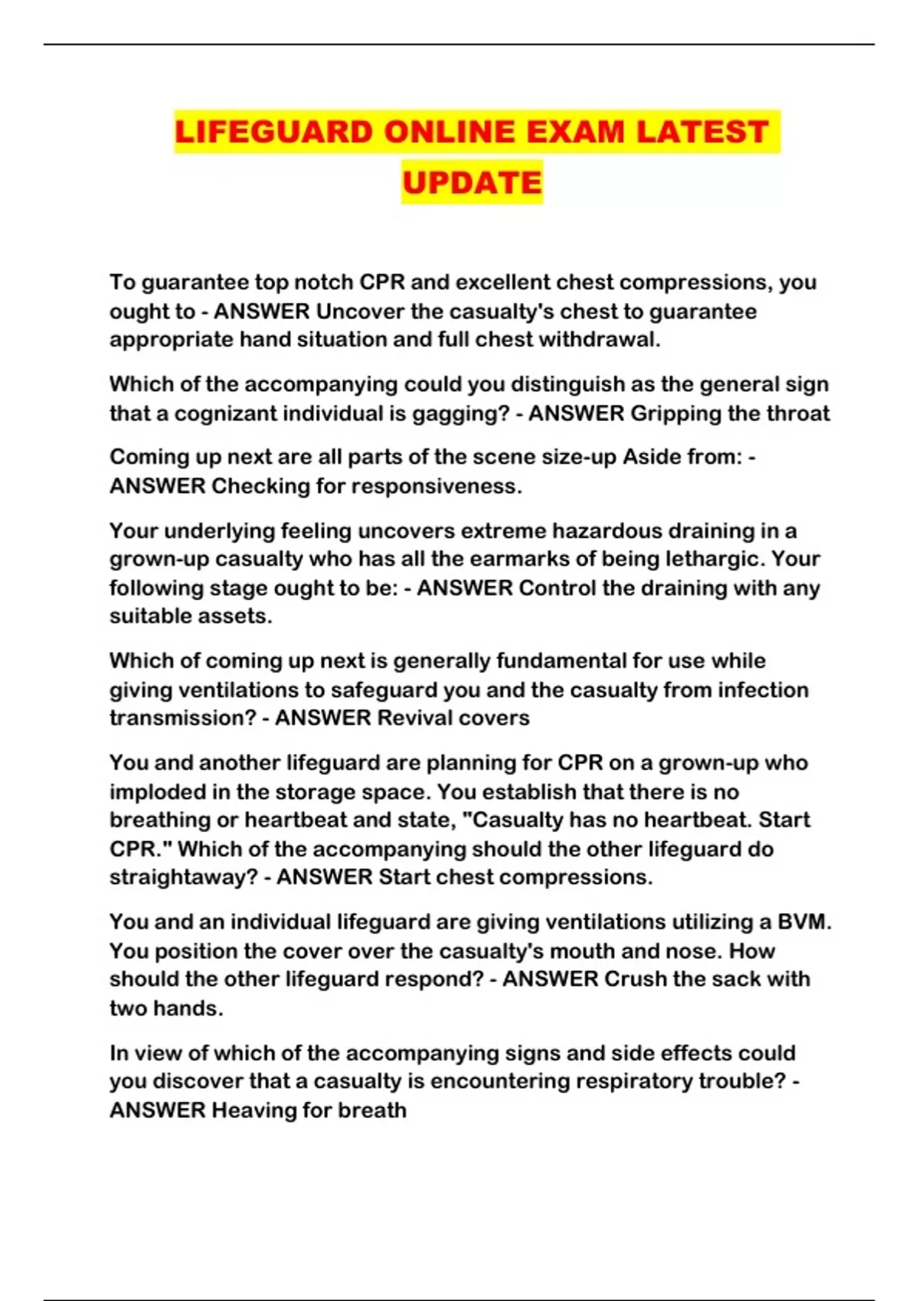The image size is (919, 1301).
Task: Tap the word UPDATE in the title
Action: point(472,182)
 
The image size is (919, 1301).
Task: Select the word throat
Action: point(796,414)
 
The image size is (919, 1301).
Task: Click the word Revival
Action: point(415,719)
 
